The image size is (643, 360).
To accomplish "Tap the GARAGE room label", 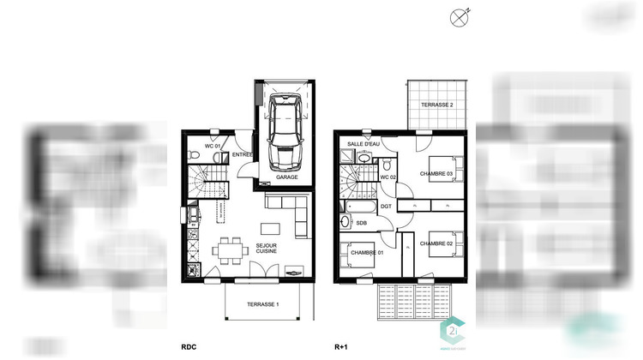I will pyautogui.click(x=286, y=177).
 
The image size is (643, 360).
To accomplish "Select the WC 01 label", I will pyautogui.click(x=212, y=146).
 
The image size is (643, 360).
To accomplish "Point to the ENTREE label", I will pyautogui.click(x=243, y=154).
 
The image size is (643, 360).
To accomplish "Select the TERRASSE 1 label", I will pyautogui.click(x=263, y=304).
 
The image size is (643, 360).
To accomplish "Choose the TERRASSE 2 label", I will pyautogui.click(x=437, y=105).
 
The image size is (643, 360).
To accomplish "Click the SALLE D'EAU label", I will pyautogui.click(x=363, y=143).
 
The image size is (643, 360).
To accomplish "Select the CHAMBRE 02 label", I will pyautogui.click(x=436, y=244).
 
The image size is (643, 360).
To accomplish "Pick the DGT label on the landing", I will pyautogui.click(x=386, y=207).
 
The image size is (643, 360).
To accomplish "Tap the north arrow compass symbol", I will pyautogui.click(x=460, y=15).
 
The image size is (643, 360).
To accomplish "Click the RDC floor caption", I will pyautogui.click(x=188, y=348).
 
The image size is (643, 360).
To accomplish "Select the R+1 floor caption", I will pyautogui.click(x=342, y=348).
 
